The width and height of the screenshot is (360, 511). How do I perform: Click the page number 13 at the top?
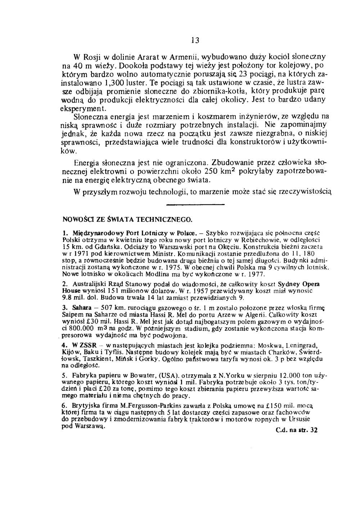[x=195, y=40]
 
